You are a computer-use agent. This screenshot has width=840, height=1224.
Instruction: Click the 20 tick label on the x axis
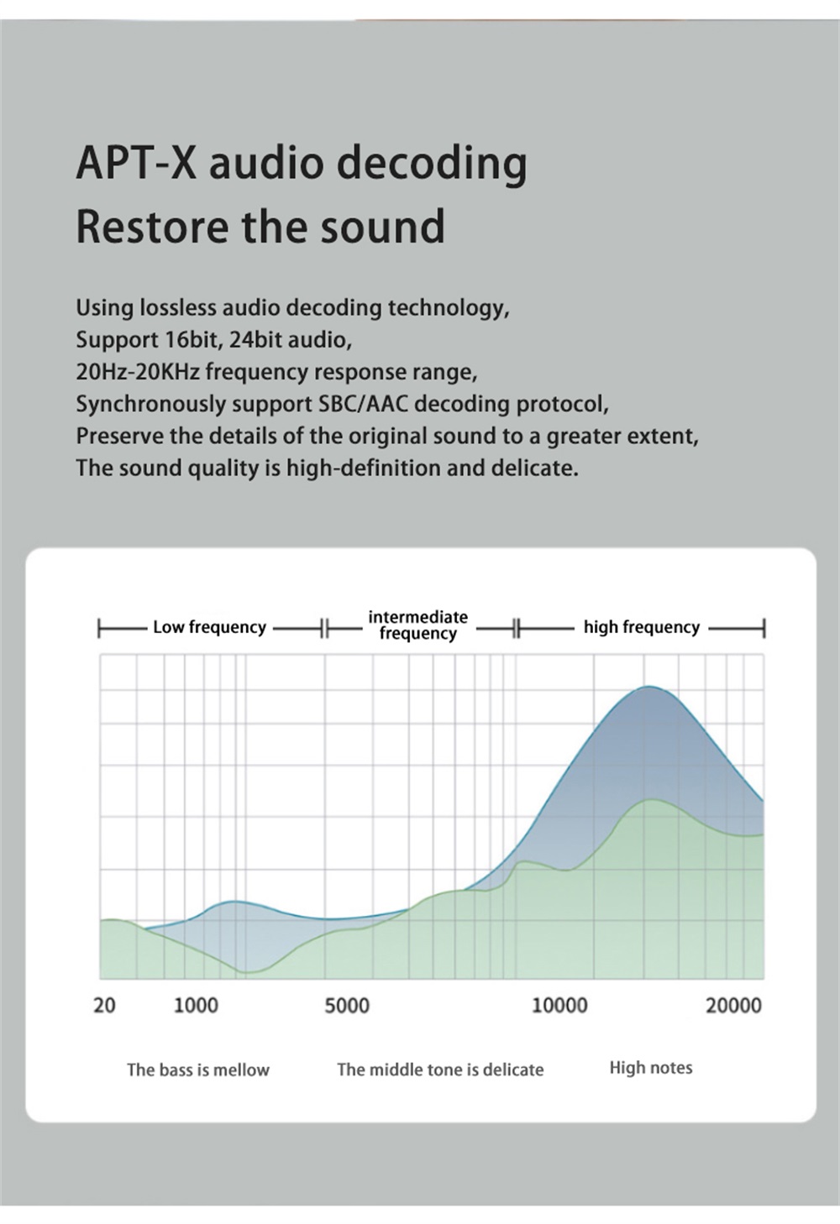(104, 1005)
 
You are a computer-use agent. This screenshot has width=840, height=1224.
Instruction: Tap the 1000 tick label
(196, 1005)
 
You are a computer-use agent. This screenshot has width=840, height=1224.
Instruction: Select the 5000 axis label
(347, 1005)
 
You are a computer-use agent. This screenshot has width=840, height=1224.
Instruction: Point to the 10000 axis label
(560, 1005)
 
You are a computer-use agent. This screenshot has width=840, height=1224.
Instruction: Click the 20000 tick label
(733, 1005)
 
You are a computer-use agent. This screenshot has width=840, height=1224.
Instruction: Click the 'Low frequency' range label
(209, 627)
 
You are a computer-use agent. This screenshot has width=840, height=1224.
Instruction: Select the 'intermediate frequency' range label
(417, 625)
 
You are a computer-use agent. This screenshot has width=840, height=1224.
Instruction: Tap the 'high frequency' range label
(641, 627)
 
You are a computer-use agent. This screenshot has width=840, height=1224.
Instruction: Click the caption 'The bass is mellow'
(198, 1070)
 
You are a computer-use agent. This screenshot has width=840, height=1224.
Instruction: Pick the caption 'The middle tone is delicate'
(440, 1070)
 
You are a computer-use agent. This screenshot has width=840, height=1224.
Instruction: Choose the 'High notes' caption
(651, 1068)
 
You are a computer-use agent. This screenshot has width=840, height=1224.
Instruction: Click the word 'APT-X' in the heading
(136, 162)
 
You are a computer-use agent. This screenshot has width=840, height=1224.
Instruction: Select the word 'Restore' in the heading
(152, 226)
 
